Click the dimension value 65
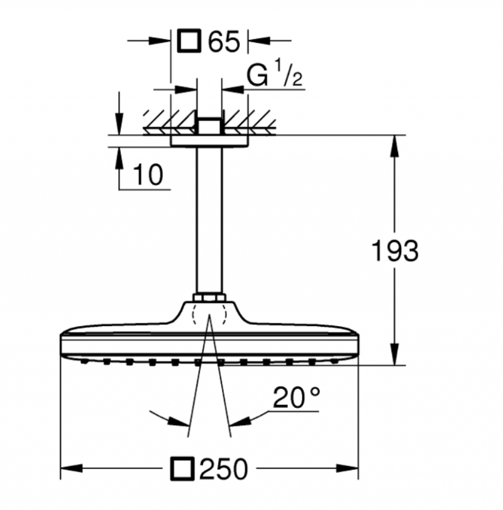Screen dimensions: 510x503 224,42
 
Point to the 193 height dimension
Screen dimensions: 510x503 394,251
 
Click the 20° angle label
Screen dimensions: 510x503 296,398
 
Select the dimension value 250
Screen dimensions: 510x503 224,469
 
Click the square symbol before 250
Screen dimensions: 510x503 182,469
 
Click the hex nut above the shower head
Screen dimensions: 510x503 208,298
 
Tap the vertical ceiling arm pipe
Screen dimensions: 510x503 208,220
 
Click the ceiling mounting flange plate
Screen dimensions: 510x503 208,142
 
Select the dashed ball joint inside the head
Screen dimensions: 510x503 208,314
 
